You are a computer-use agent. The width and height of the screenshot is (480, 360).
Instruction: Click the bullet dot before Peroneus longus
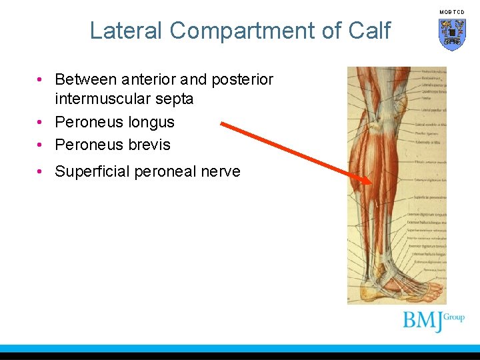[x=41, y=123]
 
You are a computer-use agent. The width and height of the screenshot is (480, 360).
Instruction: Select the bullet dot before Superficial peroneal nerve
[x=41, y=172]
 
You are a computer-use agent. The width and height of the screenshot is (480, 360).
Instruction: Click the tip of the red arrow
[x=371, y=181]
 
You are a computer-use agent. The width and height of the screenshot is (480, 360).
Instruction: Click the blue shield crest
[x=452, y=33]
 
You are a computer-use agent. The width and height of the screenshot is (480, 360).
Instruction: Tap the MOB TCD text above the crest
[x=452, y=12]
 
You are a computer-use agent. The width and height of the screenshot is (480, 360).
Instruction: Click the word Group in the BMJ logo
[x=453, y=317]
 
